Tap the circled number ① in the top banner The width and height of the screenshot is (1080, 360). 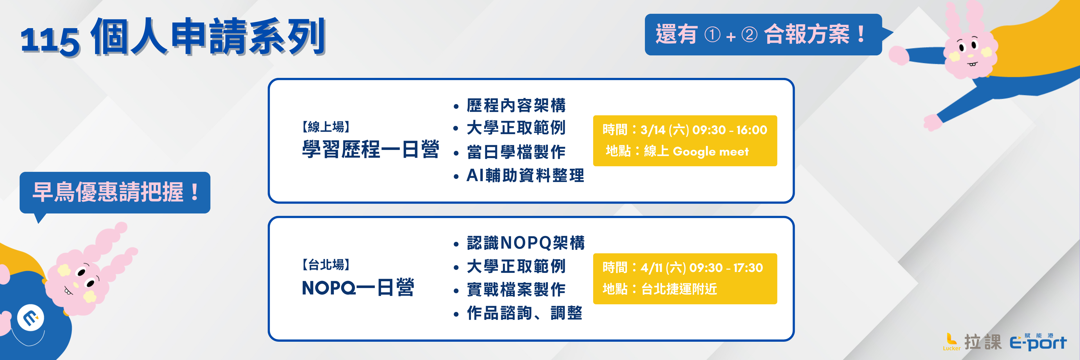point(712,35)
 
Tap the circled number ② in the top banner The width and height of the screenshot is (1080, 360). point(749,35)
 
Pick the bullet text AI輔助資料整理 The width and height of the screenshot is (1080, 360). point(525,175)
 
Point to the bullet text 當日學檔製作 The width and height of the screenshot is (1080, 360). point(516,152)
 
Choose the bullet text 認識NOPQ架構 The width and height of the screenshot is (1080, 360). point(525,243)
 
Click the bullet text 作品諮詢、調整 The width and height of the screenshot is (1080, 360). point(524,313)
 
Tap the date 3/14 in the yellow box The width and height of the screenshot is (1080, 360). point(653,130)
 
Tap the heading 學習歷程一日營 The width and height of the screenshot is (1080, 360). point(370,150)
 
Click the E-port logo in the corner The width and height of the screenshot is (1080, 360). point(1038,343)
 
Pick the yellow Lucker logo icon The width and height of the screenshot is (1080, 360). point(951,339)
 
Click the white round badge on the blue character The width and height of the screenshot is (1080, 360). point(30,317)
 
